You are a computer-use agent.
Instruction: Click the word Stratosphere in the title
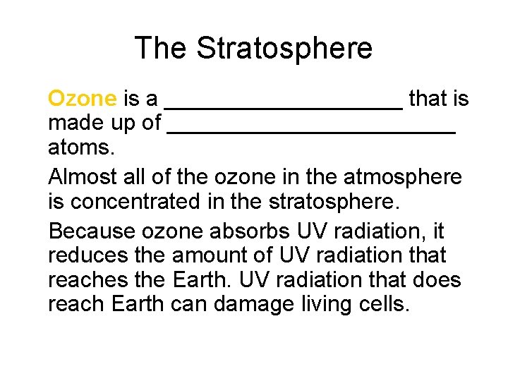[284, 49]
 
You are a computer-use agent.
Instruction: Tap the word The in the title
[162, 49]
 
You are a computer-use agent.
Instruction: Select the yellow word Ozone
[82, 99]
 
